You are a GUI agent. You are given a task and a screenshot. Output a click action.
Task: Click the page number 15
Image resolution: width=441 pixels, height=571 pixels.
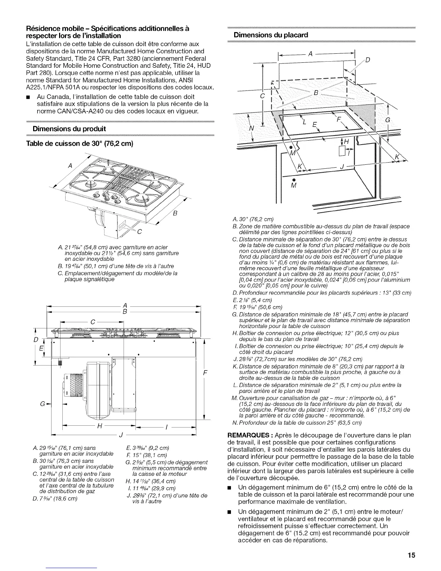pos(412,555)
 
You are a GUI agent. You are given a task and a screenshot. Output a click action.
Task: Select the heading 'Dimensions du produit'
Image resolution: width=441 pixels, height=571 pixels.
pos(69,129)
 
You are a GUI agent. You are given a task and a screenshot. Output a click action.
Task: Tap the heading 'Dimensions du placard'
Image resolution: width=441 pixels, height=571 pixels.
pos(271,35)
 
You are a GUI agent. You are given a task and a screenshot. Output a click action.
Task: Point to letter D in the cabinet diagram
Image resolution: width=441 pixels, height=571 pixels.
pos(368,60)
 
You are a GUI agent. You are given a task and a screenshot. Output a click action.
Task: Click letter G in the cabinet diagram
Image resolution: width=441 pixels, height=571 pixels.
pos(388,120)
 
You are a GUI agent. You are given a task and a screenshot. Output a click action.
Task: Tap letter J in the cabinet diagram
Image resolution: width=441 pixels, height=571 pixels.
pos(342,166)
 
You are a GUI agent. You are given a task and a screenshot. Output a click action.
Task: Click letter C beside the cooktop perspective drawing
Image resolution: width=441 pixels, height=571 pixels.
pos(139,231)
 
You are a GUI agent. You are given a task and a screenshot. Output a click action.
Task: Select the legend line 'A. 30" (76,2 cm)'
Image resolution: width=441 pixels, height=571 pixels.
pos(253,219)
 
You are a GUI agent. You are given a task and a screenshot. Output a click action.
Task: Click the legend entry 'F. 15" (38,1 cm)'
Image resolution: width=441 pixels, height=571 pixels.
pos(146,455)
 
